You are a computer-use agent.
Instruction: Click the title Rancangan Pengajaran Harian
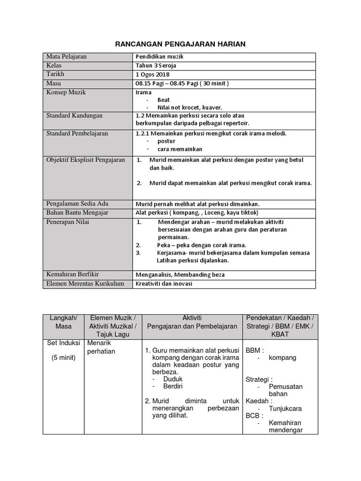click(180, 44)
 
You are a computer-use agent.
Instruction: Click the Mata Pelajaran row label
click(66, 57)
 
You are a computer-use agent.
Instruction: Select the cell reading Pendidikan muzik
click(158, 57)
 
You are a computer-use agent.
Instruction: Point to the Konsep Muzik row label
click(66, 93)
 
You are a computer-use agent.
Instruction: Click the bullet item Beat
click(164, 100)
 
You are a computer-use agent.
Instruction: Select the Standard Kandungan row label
click(74, 116)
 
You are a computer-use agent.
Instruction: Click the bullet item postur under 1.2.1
click(166, 141)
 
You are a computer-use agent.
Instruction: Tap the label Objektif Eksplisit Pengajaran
click(86, 160)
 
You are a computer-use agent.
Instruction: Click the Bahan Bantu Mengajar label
click(77, 213)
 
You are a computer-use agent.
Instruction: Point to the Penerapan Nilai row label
click(68, 222)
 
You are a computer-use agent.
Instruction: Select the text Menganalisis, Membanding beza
click(180, 274)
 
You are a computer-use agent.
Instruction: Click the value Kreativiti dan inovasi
click(164, 284)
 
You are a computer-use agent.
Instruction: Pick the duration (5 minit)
click(63, 358)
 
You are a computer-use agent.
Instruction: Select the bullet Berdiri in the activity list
click(173, 386)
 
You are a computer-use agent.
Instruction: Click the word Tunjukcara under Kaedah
click(285, 409)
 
